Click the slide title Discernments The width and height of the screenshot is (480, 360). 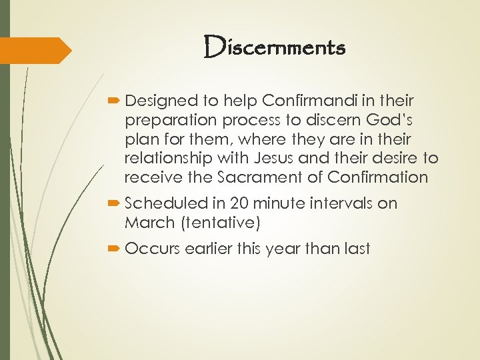click(x=275, y=47)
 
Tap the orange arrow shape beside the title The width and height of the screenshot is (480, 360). click(x=35, y=51)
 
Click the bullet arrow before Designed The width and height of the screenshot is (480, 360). click(x=115, y=101)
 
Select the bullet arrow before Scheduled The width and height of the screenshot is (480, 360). click(x=115, y=204)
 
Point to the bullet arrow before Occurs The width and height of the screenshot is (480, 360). click(x=115, y=249)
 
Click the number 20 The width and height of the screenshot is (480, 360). click(x=239, y=203)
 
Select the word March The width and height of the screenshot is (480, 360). click(x=145, y=223)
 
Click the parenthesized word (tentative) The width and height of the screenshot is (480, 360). click(x=216, y=223)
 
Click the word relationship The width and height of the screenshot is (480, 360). click(x=165, y=158)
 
